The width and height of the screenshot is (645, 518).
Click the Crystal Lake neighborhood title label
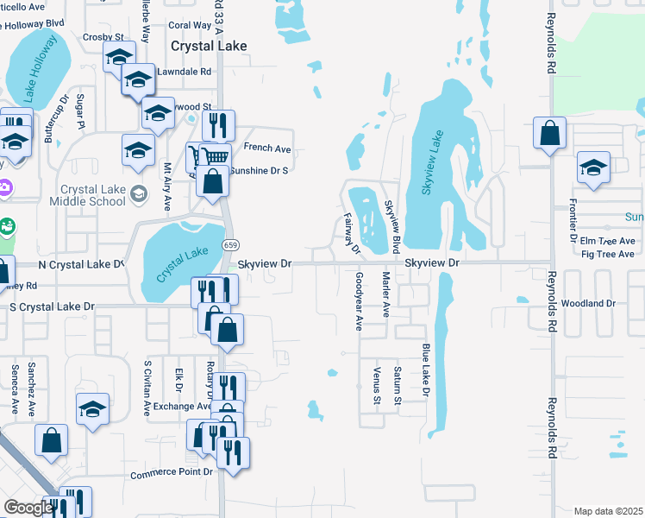coord(209,47)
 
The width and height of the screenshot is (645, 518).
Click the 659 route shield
coord(231,245)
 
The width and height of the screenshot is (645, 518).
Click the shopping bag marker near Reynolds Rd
coord(549,135)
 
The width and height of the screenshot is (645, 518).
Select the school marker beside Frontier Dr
coord(593,169)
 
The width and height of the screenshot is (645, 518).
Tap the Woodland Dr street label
coord(587,304)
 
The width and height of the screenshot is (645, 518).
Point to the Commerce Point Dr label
coord(172,474)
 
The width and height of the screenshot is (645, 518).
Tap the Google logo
coord(28,507)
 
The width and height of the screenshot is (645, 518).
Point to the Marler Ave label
coord(386,294)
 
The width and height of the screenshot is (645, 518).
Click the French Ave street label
coord(267,148)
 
